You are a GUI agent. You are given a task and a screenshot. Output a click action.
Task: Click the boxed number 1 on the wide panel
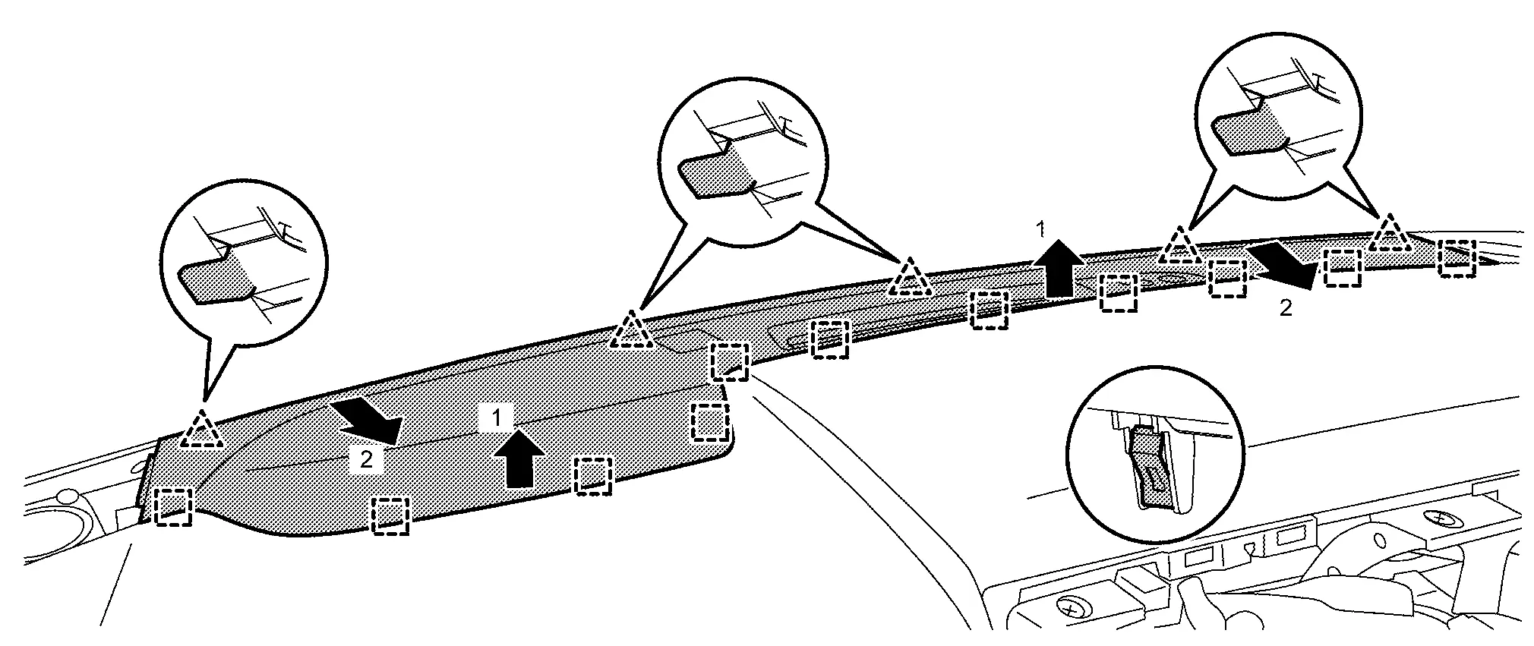coord(496,417)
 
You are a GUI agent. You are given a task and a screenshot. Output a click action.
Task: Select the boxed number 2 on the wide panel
coord(365,460)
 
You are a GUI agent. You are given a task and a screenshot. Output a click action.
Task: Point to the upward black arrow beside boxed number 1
coord(519,458)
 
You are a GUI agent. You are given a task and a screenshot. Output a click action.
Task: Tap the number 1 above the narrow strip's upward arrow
coord(1043,228)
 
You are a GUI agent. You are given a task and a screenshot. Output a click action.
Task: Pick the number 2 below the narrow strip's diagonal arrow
coord(1285,308)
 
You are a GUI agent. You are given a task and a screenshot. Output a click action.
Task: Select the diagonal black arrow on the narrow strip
coord(1286,266)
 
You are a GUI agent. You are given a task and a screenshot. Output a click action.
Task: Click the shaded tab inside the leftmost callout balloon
coord(215,282)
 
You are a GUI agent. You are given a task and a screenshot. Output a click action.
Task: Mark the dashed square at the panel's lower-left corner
coord(173,506)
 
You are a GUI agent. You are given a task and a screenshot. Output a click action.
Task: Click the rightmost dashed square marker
coord(1457,258)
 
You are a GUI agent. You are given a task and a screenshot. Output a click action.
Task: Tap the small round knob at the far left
coord(68,496)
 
